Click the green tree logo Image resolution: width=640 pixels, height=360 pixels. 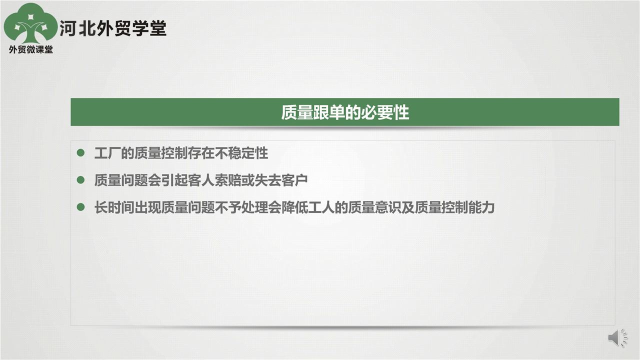(x=30, y=23)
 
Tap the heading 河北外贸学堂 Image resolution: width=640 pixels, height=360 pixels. (x=113, y=28)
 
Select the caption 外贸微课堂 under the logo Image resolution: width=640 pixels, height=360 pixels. (x=31, y=49)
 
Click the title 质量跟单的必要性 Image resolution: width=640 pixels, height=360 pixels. (x=345, y=112)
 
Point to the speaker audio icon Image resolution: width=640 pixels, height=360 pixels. (x=617, y=337)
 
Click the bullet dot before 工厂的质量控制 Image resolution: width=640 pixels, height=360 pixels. (x=81, y=152)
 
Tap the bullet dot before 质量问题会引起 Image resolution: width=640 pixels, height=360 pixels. (x=81, y=179)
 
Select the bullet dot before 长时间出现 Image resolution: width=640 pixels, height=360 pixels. (x=81, y=207)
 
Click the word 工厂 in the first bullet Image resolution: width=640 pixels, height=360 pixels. (x=107, y=153)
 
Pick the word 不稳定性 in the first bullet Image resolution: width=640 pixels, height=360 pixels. (x=241, y=153)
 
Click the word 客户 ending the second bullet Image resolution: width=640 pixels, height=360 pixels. (x=294, y=180)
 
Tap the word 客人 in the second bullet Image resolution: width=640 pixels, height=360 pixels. (x=201, y=180)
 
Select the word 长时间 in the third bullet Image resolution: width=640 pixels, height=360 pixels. (x=114, y=207)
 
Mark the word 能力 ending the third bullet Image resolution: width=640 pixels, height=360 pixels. (x=481, y=207)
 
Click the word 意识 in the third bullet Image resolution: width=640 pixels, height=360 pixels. (x=388, y=207)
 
